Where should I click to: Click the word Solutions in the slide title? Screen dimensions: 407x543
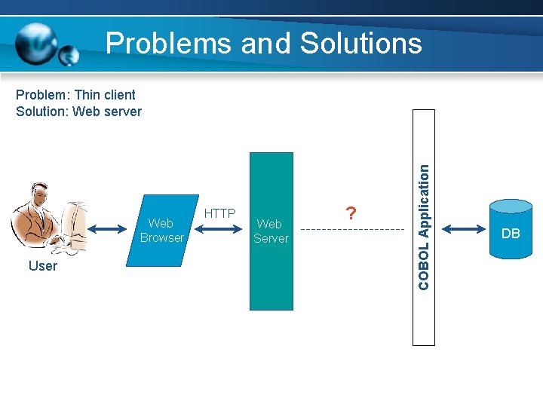click(360, 43)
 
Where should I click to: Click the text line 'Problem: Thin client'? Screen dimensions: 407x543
click(75, 95)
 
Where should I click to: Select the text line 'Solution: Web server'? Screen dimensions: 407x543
click(78, 112)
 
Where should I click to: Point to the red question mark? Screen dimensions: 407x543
click(349, 213)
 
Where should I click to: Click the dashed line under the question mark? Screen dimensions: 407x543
click(347, 229)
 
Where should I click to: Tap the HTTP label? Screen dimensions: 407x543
click(219, 213)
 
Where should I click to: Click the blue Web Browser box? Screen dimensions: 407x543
click(161, 231)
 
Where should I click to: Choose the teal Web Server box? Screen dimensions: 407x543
click(271, 231)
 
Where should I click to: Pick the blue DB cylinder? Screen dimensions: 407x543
click(511, 228)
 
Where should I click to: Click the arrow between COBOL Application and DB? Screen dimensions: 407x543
click(463, 228)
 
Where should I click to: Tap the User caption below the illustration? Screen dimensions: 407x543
click(42, 266)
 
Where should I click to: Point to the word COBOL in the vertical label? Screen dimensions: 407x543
click(424, 266)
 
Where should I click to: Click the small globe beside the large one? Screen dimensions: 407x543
click(69, 55)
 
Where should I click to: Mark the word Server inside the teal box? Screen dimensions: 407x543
click(271, 238)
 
